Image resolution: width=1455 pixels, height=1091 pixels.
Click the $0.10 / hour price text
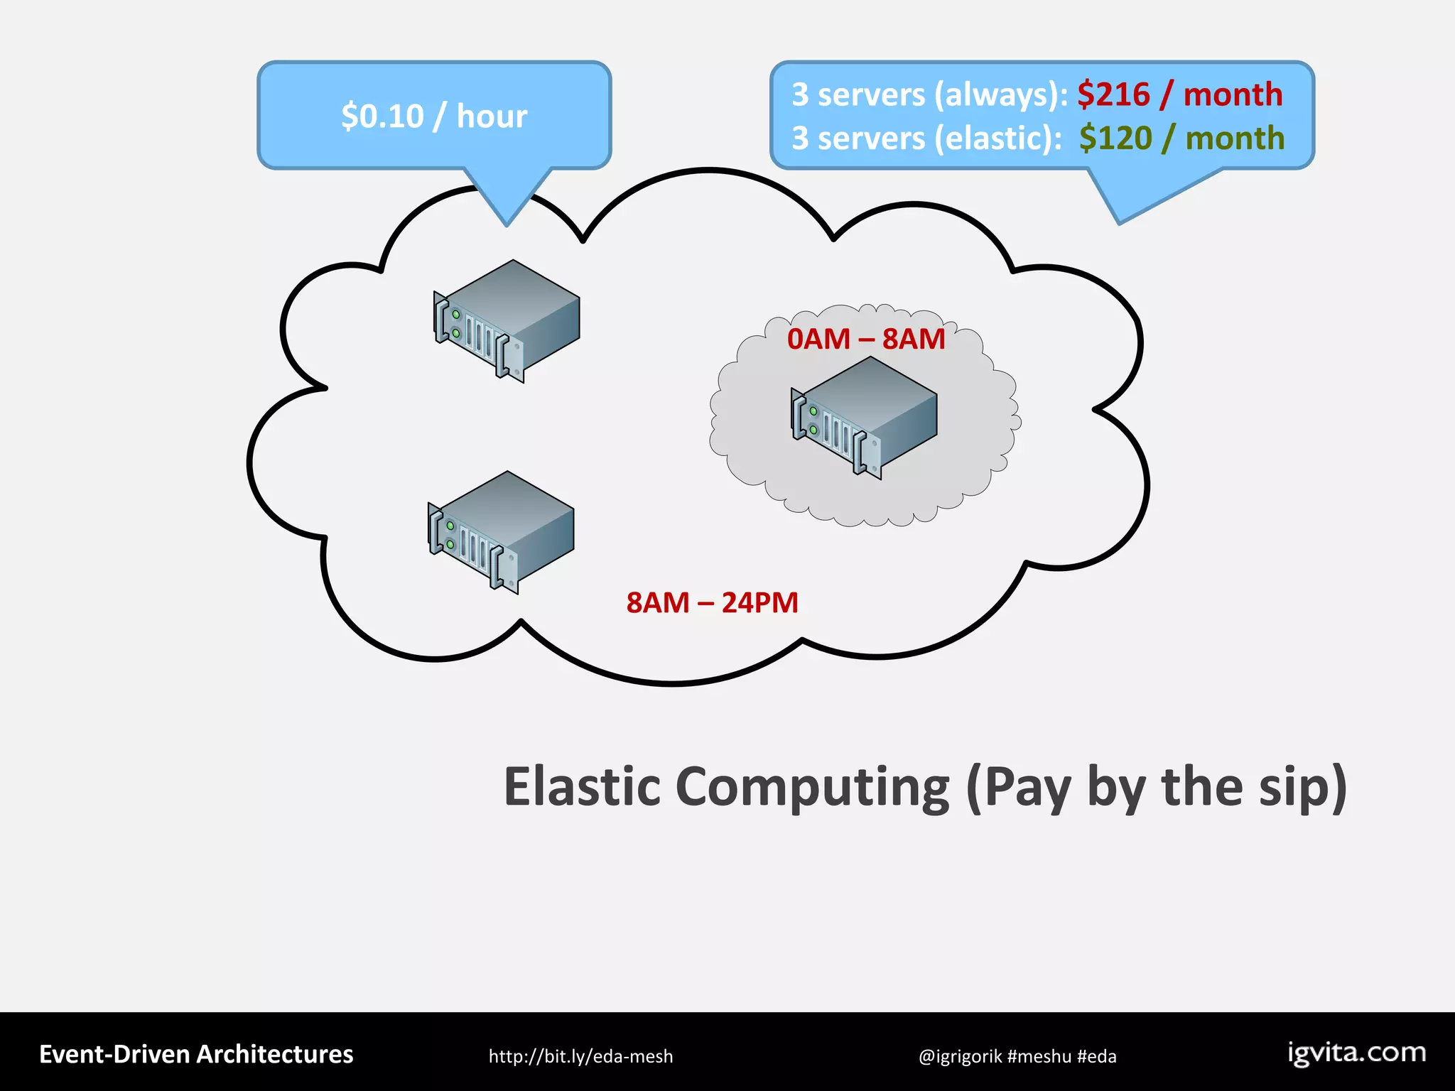coord(434,116)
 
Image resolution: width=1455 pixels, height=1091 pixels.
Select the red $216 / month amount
coord(1179,94)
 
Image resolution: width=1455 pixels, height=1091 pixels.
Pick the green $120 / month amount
coord(1181,138)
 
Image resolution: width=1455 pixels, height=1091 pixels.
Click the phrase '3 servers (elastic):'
coord(926,138)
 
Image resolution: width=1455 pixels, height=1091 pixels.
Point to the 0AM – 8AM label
coord(865,339)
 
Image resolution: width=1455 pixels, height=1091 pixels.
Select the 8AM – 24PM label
coord(712,602)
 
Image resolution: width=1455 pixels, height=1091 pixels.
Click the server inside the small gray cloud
coord(865,417)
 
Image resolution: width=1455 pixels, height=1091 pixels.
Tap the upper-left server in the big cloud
coord(507,320)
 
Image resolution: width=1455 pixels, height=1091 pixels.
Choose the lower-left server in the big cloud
coord(501,531)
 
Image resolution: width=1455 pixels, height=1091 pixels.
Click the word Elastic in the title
coord(582,787)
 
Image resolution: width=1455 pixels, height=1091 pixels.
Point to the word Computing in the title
coord(811,787)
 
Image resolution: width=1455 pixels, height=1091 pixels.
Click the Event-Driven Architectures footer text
coord(196,1055)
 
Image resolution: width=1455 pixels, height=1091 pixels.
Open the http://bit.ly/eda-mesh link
coord(580,1056)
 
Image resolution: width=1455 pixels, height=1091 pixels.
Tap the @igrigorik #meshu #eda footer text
coord(1017,1056)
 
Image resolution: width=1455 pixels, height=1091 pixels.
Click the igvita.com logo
coord(1356,1053)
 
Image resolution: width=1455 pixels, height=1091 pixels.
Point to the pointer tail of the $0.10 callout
coord(507,200)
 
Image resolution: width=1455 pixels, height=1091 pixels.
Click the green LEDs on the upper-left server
coord(456,324)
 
